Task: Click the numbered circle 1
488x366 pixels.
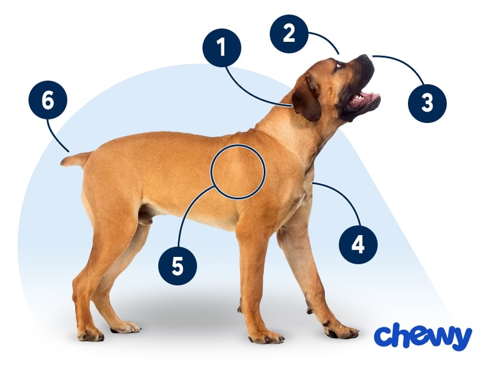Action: [222, 48]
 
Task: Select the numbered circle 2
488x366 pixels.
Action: [289, 33]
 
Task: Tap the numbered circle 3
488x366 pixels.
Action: [427, 103]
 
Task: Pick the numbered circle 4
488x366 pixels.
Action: [358, 245]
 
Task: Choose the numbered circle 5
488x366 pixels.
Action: [178, 266]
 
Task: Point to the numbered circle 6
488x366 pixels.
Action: [48, 100]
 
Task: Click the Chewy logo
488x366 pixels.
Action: [423, 336]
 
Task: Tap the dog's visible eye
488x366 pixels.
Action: [338, 65]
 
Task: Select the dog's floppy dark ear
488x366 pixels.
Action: [307, 99]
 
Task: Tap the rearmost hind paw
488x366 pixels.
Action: [91, 335]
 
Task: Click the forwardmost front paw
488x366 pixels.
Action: [342, 332]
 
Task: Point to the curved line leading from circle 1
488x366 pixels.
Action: [249, 92]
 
